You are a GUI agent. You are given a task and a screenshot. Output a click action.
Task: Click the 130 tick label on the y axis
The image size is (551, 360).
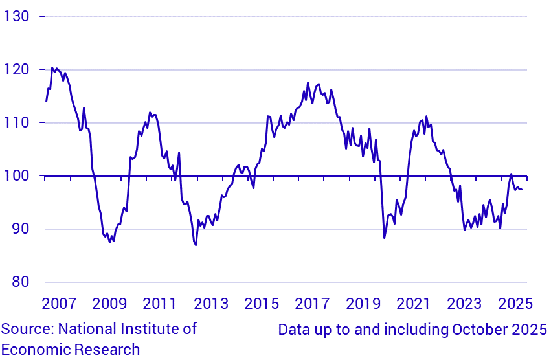pyautogui.click(x=18, y=16)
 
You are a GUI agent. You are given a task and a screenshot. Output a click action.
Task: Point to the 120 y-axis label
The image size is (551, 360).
pyautogui.click(x=18, y=69)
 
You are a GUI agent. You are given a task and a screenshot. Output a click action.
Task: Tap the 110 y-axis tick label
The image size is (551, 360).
pyautogui.click(x=18, y=122)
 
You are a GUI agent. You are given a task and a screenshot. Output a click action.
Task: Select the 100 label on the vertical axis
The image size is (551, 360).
pyautogui.click(x=18, y=175)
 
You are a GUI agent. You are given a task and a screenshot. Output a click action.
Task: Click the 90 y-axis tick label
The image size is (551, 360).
pyautogui.click(x=22, y=229)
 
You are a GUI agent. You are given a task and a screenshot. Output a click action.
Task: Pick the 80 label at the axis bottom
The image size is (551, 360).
pyautogui.click(x=22, y=282)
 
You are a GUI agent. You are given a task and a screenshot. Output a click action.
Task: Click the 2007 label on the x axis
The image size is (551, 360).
pyautogui.click(x=59, y=304)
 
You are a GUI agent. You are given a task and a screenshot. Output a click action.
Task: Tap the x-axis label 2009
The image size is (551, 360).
pyautogui.click(x=109, y=304)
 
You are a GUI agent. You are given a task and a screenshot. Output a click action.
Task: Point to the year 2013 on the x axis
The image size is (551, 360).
pyautogui.click(x=211, y=304)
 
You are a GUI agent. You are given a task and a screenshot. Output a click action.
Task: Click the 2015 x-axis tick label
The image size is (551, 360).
pyautogui.click(x=262, y=304)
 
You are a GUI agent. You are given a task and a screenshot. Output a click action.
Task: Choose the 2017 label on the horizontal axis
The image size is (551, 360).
pyautogui.click(x=312, y=304)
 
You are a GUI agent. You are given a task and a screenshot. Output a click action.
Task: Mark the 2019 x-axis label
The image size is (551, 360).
pyautogui.click(x=363, y=304)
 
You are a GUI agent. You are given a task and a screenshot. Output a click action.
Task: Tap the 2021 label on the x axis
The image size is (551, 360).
pyautogui.click(x=414, y=304)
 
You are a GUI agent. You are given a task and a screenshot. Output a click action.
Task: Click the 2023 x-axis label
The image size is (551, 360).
pyautogui.click(x=464, y=304)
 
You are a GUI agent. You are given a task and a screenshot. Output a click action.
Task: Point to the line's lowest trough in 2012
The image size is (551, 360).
pyautogui.click(x=196, y=245)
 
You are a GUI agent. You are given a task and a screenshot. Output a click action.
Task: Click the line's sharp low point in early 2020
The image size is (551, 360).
pyautogui.click(x=384, y=238)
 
